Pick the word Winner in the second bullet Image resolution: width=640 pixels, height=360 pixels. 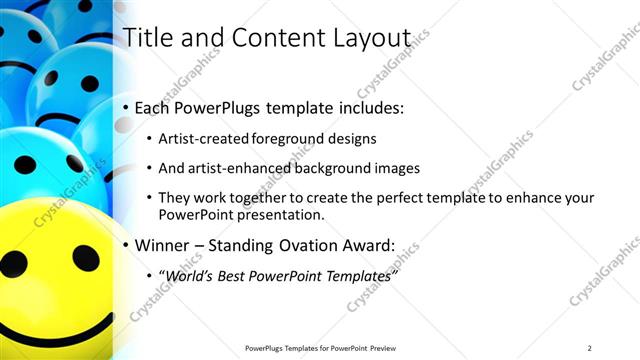[162, 245]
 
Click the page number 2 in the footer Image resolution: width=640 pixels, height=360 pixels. [590, 347]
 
